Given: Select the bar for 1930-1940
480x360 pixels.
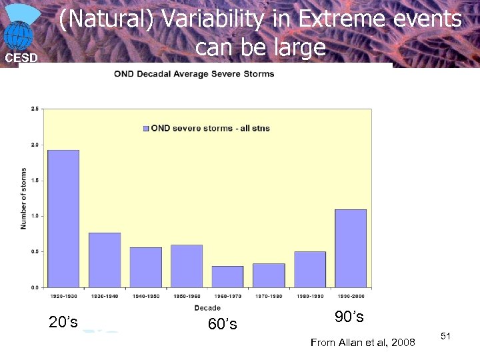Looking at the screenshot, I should click(105, 260).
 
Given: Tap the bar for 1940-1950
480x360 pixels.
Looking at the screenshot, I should click(145, 267).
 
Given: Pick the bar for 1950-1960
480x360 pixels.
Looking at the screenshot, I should click(187, 266).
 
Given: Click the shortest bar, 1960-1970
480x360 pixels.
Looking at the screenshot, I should click(227, 277).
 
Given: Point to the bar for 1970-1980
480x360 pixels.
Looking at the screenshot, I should click(269, 275).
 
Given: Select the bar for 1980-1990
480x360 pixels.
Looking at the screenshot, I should click(310, 269).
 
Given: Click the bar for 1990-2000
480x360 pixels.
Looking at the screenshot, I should click(351, 248).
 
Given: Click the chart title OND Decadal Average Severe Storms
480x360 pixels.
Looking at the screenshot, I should click(194, 74).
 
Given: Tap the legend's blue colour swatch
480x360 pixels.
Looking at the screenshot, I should click(146, 128).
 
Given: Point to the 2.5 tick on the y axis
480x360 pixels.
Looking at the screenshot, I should click(34, 109).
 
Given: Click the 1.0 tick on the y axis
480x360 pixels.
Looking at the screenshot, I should click(34, 216).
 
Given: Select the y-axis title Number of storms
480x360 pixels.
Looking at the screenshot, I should click(24, 198).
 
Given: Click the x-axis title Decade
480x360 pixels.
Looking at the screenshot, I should click(207, 308).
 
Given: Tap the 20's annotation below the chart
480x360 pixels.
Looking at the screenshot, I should click(63, 322).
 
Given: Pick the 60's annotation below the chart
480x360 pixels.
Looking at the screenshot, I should click(222, 325).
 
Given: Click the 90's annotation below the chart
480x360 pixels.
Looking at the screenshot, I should click(349, 316).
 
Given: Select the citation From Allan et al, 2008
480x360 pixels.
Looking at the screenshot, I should click(363, 343).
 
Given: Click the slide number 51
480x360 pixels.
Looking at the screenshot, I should click(446, 336).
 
